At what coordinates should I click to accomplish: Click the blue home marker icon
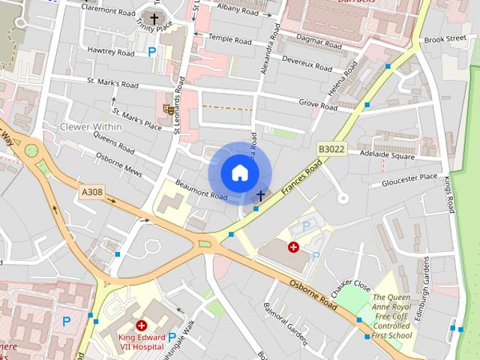pos(239,173)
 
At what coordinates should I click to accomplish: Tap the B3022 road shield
pos(331,150)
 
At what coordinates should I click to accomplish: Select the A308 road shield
pos(91,193)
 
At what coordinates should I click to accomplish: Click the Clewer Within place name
pos(91,127)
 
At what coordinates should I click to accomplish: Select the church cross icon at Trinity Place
pos(154,18)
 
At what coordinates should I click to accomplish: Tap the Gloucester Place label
pos(409,180)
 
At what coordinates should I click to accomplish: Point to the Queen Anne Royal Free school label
pos(392,316)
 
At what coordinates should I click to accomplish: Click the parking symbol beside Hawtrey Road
pos(153,52)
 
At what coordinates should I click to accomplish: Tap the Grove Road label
pos(317,103)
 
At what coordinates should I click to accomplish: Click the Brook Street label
pos(444,38)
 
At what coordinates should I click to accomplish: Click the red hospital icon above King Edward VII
pos(140,325)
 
